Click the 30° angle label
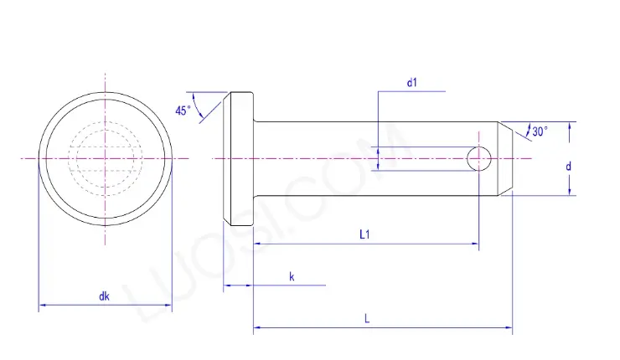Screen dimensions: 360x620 click(x=540, y=131)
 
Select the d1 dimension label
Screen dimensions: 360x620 click(x=411, y=82)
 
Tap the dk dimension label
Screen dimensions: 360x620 click(x=104, y=296)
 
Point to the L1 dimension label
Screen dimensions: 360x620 click(x=365, y=235)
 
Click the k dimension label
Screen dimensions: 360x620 click(x=292, y=275)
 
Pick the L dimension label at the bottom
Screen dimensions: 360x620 click(x=368, y=319)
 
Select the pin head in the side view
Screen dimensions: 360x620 click(x=239, y=157)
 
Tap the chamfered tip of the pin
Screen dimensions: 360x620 click(x=506, y=157)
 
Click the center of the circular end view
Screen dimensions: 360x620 click(x=106, y=157)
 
